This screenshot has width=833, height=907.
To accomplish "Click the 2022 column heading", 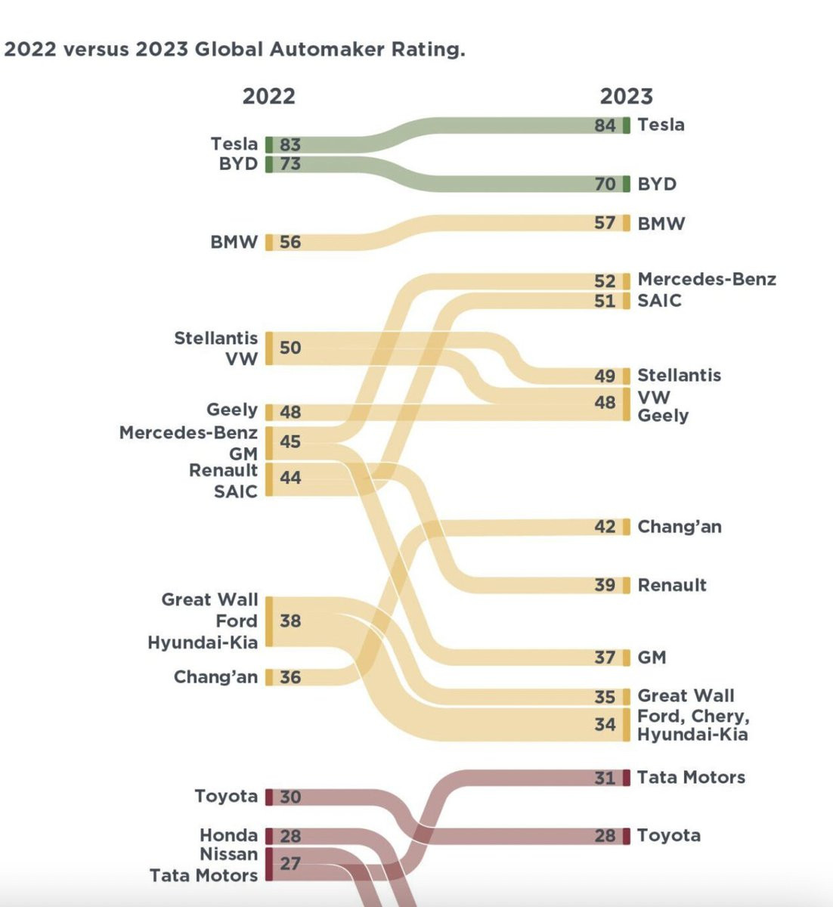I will point(268,97).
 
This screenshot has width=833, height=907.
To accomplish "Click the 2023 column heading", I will point(626,97).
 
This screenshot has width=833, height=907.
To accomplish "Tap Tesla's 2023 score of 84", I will point(605,125).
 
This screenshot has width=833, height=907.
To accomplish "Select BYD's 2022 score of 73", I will point(290,164).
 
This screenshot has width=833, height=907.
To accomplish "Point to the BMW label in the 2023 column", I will point(661,224).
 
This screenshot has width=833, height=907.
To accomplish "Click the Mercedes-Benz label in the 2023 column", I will point(706,280).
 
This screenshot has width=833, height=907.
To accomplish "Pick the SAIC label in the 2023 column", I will point(659,301).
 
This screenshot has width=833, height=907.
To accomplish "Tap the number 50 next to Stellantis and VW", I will point(290,348).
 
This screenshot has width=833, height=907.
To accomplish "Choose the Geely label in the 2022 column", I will point(232,410).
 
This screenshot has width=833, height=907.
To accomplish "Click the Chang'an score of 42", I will point(605,527).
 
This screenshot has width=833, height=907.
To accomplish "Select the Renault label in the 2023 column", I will point(671,585).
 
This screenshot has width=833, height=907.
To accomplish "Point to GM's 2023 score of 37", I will point(605,658).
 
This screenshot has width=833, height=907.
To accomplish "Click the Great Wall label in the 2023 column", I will point(686,696).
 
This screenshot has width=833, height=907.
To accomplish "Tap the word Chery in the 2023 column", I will point(719,716).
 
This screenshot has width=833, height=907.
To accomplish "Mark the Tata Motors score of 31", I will point(605,778).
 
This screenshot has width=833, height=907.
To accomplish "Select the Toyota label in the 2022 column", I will point(226,797).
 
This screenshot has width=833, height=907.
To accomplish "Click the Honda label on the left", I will point(228,835).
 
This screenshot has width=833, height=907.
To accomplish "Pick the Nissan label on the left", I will point(228,855).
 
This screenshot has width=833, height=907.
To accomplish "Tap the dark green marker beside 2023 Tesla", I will point(626,125).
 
